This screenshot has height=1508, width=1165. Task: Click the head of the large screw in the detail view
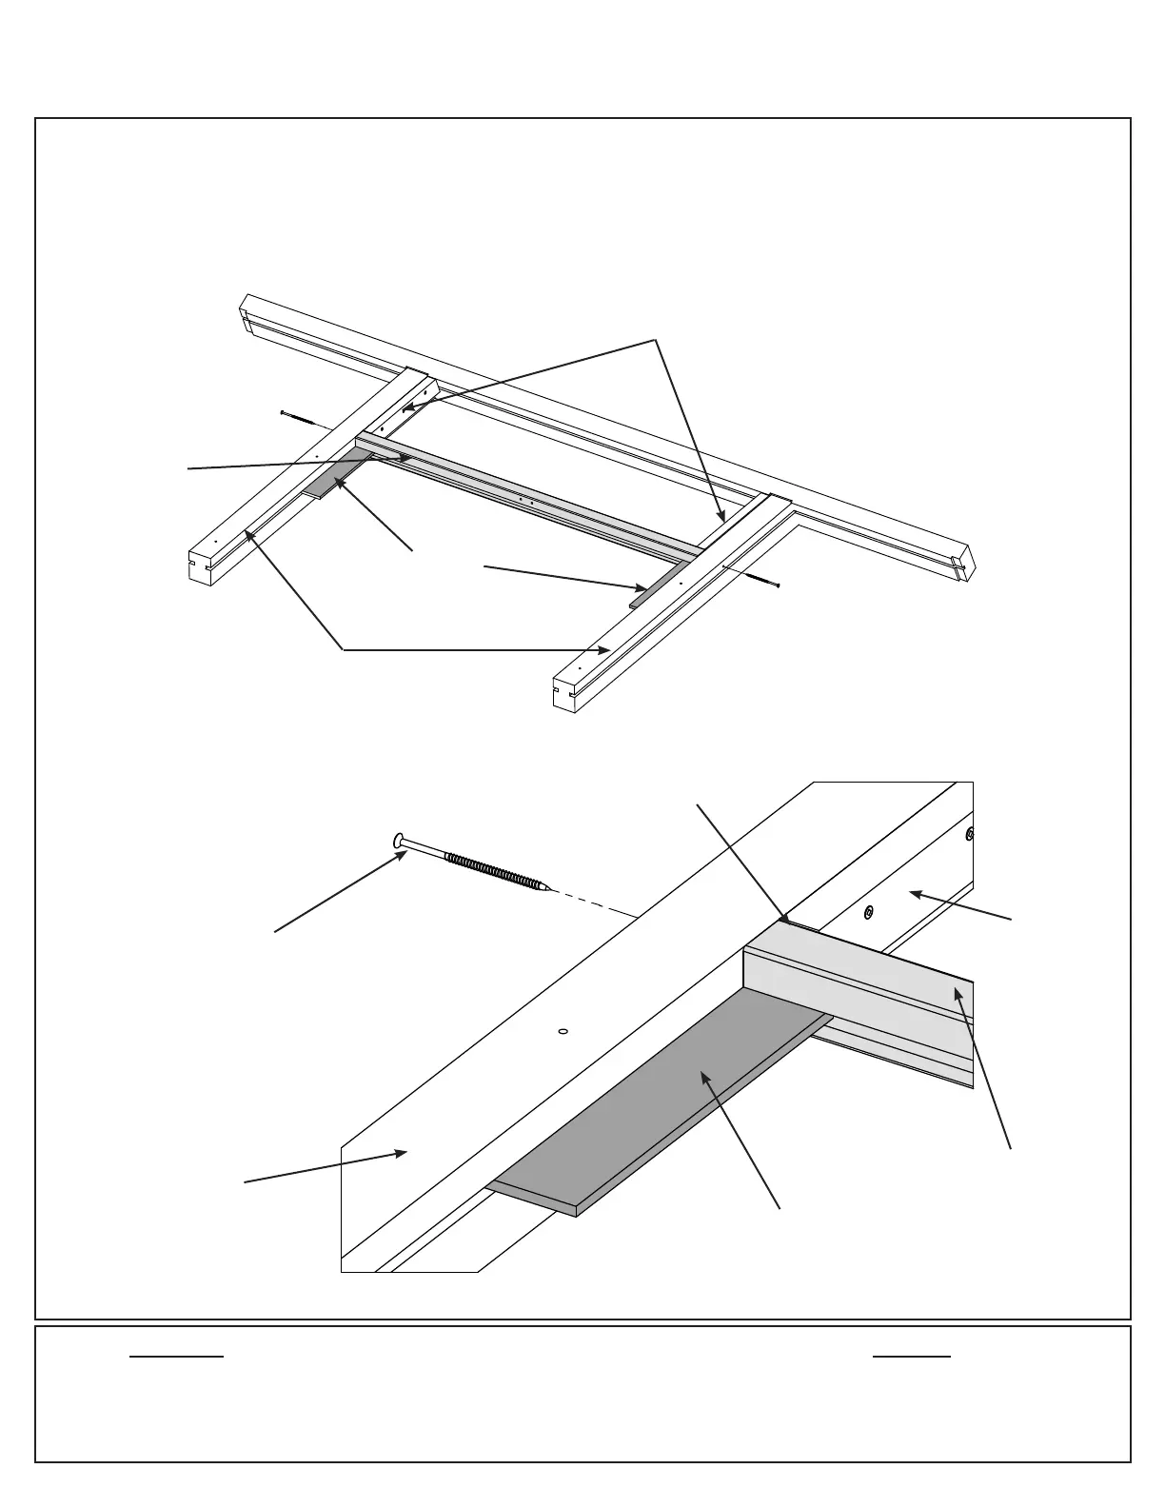[x=399, y=841]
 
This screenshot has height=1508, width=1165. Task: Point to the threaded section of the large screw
[x=491, y=868]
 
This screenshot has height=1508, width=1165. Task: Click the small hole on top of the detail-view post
[x=562, y=1030]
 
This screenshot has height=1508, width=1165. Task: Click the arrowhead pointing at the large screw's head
[x=405, y=854]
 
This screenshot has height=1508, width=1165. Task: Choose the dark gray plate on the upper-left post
[x=333, y=479]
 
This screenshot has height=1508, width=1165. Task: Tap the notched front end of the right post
[x=563, y=691]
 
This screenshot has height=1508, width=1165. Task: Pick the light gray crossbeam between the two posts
[x=523, y=493]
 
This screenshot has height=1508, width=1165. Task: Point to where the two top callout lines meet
[x=656, y=340]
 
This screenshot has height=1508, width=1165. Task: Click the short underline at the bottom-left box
[x=176, y=1356]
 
